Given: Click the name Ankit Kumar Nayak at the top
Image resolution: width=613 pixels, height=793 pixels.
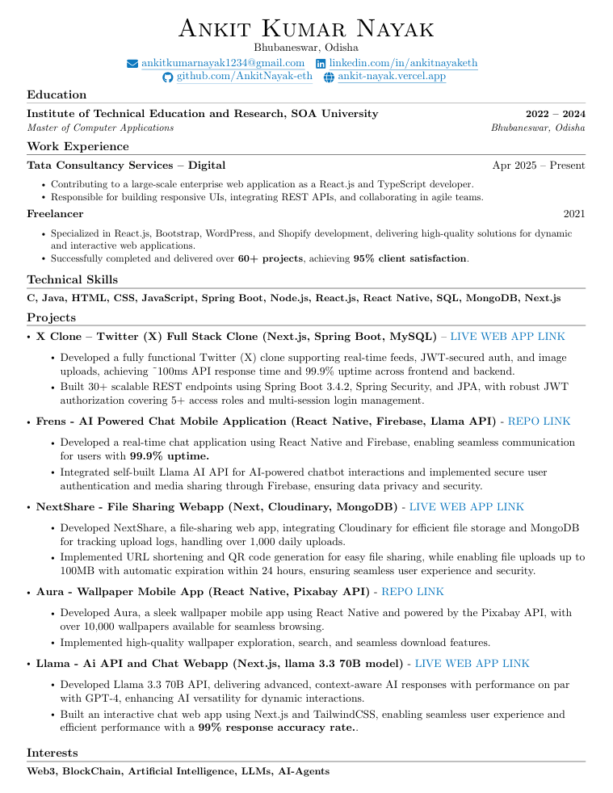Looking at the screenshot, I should tap(306, 29).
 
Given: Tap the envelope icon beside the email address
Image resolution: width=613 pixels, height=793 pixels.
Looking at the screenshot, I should tap(133, 64).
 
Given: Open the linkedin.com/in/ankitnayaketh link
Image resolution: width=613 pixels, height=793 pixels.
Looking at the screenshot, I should tap(403, 63).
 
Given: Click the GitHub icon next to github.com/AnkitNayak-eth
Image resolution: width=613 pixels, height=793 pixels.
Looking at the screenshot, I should tap(168, 77).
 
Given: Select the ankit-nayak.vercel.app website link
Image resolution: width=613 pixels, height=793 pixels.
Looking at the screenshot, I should tap(391, 77).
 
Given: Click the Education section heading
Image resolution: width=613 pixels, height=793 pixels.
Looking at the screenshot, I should tap(57, 94).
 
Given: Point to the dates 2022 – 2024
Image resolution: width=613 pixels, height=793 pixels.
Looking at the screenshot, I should tap(555, 114).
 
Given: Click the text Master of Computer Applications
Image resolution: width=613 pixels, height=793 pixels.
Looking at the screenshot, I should tap(100, 128).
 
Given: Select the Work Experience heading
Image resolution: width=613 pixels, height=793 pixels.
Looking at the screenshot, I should tap(78, 146).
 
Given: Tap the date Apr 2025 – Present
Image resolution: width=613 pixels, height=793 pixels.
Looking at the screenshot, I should tap(539, 166).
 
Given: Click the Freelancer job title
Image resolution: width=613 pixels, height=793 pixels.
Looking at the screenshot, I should tap(55, 214).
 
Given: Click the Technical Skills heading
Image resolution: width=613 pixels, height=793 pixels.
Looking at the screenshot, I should tap(73, 279).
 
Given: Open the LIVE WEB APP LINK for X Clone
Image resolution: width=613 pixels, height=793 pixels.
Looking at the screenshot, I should tap(507, 336).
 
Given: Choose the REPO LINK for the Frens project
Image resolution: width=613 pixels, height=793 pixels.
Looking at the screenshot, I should tap(539, 421).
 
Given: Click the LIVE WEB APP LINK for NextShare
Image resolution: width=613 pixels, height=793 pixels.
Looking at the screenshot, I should tap(466, 506).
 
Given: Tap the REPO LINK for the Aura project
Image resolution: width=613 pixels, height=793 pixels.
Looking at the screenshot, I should tap(412, 592).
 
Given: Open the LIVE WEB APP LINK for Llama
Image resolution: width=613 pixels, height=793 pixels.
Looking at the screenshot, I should tap(472, 663).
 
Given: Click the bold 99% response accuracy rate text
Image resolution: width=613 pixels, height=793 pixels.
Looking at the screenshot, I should tap(276, 728).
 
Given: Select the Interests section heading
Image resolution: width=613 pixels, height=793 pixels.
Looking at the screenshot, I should tap(52, 753).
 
